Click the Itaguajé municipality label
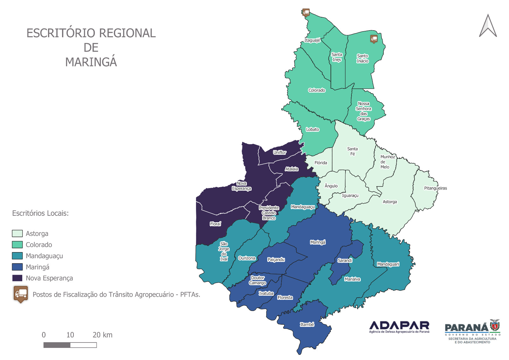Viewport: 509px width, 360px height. coord(312,40)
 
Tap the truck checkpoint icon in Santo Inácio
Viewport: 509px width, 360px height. coord(374,39)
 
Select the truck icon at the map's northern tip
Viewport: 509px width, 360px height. coord(306,13)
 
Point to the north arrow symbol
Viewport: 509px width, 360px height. coord(488,26)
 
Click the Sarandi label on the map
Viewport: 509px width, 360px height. coord(345,260)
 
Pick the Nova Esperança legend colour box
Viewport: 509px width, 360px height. coord(17,278)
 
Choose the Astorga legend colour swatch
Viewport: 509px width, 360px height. coord(17,233)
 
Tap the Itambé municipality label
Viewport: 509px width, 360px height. coord(307,324)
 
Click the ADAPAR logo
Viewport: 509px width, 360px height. coord(399,327)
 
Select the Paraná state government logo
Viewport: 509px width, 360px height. coord(472,331)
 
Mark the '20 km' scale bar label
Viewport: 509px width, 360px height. coord(102,335)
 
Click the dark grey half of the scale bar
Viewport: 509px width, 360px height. coord(57,345)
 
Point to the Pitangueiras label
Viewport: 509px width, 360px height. coord(435,188)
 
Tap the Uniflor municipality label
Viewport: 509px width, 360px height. coord(280,152)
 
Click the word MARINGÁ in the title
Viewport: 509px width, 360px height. coord(91,62)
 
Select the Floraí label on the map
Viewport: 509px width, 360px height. coord(215,224)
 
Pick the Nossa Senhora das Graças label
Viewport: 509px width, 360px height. coord(364,111)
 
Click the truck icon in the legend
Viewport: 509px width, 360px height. coord(21,294)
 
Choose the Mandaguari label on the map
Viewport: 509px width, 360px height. coord(388,264)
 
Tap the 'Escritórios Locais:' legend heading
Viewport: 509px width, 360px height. coord(40,213)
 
